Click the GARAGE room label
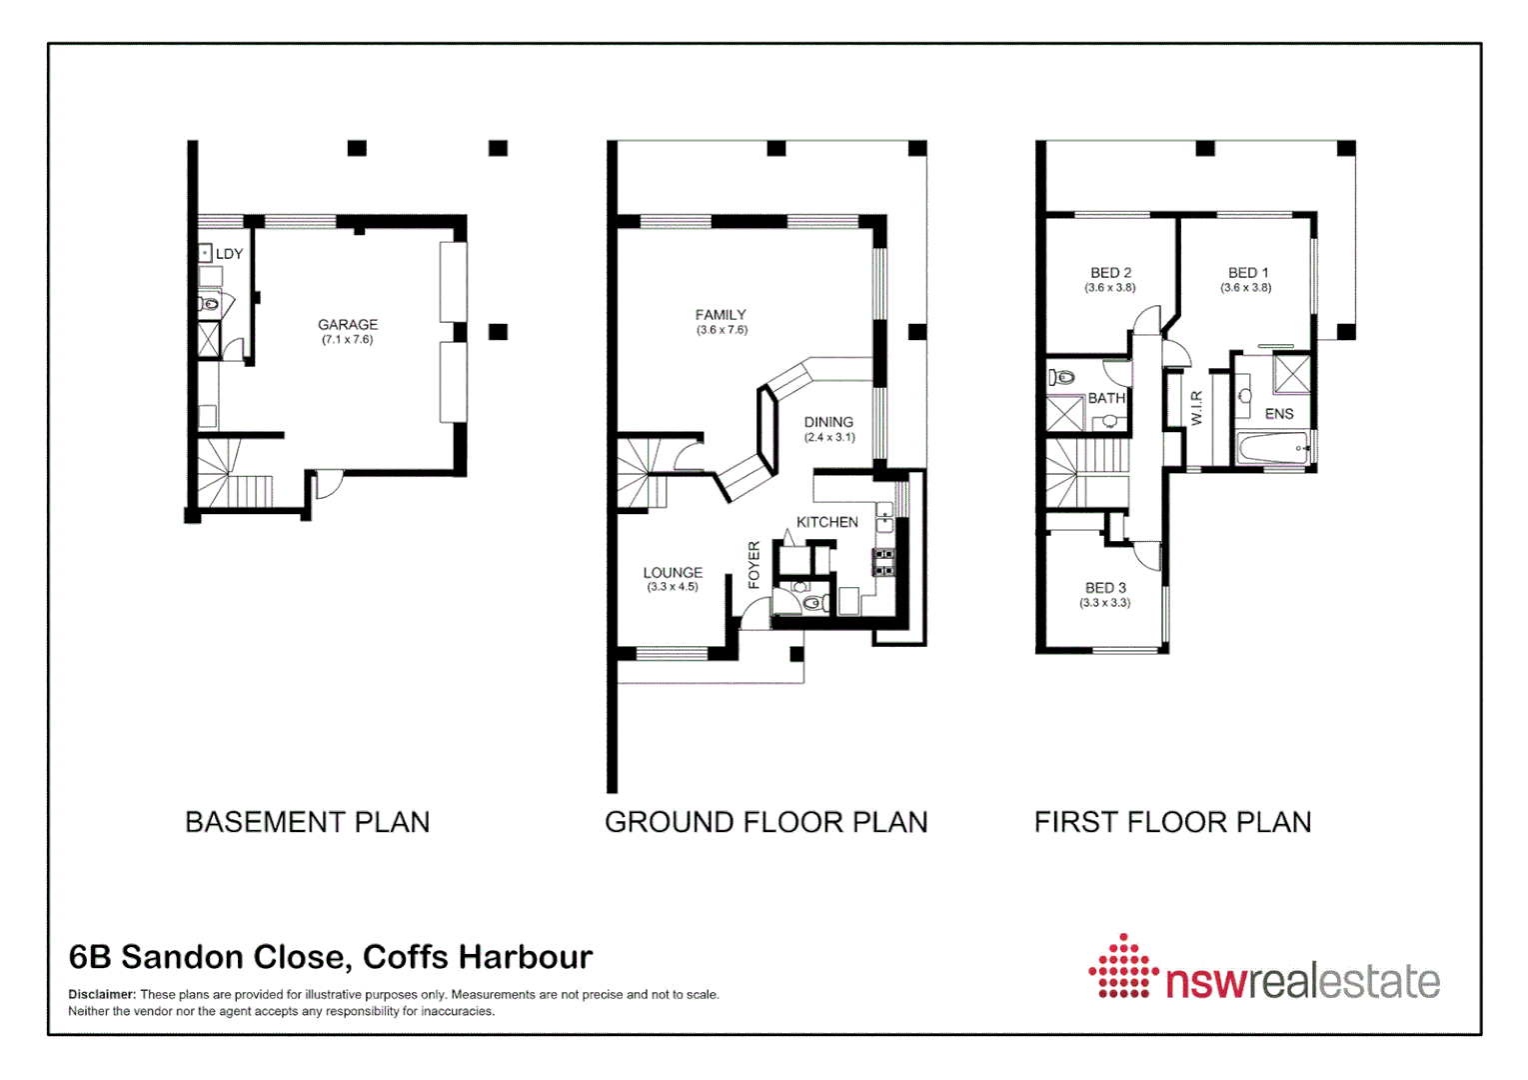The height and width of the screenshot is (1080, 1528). click(348, 324)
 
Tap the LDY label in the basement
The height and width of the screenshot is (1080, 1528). click(229, 254)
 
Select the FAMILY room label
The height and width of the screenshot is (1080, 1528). click(721, 314)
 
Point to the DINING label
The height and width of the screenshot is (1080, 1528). click(828, 422)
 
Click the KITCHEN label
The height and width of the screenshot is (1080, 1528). click(826, 522)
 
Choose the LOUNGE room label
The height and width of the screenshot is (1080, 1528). click(673, 572)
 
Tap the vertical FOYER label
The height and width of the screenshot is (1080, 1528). click(755, 565)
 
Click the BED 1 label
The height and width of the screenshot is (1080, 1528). click(1247, 272)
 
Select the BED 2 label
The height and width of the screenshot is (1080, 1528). click(1110, 272)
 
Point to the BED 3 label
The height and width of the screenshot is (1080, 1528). click(1105, 588)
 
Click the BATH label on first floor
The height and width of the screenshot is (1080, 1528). click(1106, 398)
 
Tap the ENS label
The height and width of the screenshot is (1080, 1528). click(1279, 413)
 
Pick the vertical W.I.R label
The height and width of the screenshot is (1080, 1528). click(1196, 408)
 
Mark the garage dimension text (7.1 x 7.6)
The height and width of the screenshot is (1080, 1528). click(348, 340)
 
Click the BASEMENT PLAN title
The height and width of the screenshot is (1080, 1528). click(307, 822)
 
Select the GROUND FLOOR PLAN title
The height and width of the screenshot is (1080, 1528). click(765, 822)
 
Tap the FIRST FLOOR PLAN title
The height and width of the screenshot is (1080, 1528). click(1172, 822)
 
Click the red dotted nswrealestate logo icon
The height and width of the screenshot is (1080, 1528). click(1123, 967)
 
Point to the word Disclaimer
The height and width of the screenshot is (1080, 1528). click(101, 994)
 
